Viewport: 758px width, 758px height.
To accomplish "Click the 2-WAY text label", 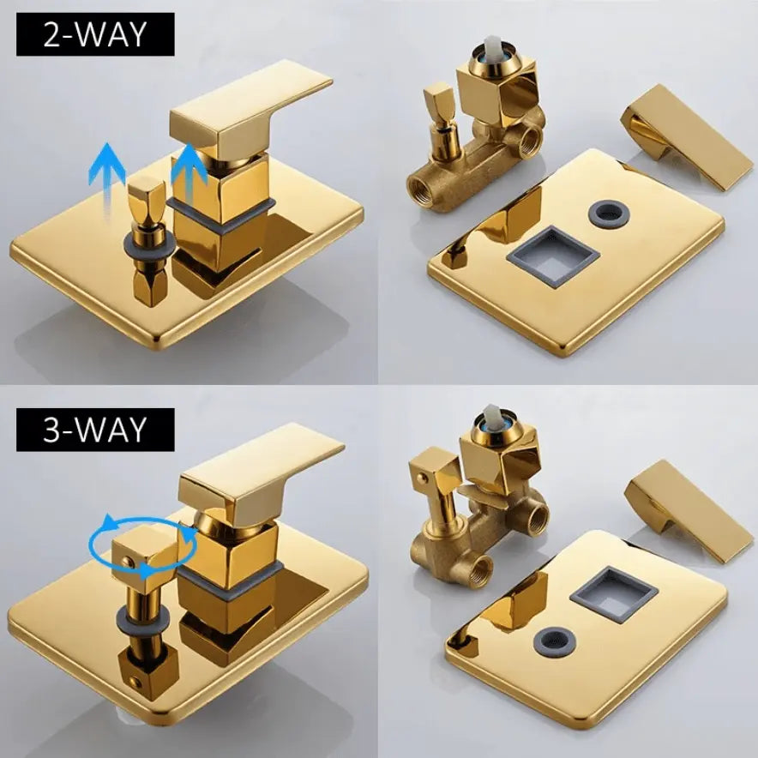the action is point(94,33).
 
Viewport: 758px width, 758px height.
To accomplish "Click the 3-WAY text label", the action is point(94,430).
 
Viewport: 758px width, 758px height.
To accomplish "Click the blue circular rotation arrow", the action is point(143,546).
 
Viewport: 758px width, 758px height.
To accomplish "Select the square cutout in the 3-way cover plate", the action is point(614,594).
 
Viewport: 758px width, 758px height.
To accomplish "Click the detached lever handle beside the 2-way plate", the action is point(687,138).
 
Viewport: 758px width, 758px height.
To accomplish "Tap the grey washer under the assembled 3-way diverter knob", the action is point(143,619).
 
